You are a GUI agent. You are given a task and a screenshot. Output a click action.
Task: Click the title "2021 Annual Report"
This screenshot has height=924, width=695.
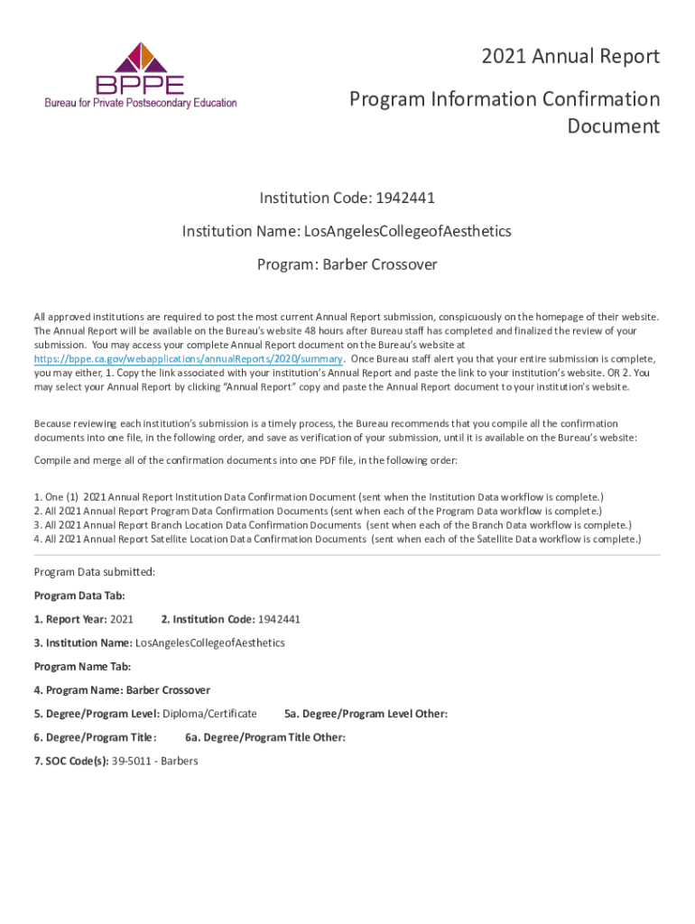pos(570,57)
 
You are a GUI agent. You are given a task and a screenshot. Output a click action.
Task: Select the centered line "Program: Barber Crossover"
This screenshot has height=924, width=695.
pos(347,264)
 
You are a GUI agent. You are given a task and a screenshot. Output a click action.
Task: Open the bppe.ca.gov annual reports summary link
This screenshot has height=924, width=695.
pos(188,357)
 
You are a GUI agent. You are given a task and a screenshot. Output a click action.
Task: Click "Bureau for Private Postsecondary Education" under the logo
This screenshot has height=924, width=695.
pos(141,103)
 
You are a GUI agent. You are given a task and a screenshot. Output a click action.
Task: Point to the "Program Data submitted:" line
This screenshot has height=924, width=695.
pos(95,571)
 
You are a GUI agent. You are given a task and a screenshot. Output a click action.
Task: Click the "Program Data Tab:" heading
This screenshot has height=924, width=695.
pos(79,596)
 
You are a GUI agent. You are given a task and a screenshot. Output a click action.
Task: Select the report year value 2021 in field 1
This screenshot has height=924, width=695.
pos(121,619)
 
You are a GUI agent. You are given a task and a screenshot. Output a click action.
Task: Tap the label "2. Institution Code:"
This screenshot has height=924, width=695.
pos(208,619)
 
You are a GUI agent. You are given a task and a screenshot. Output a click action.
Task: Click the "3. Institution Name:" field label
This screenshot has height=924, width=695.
pos(83,642)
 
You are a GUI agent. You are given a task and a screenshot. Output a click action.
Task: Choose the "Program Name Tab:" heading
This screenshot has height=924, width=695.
pos(82,666)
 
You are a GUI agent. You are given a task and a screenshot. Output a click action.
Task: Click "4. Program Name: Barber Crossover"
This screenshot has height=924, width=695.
pos(122,690)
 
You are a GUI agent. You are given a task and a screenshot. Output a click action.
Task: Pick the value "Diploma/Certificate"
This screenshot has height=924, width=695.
pos(209,714)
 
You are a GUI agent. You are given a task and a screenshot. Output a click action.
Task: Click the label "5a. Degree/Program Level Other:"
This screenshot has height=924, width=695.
pos(366,714)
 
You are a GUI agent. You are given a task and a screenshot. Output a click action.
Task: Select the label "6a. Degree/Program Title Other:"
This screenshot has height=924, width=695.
pos(265,737)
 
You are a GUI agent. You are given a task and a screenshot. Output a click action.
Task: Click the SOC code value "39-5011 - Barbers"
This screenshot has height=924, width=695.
pos(154,761)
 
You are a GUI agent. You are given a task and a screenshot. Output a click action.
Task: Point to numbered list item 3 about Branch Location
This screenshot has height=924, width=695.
pos(332,524)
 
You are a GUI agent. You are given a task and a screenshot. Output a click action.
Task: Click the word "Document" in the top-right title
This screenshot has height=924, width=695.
pos(613,125)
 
